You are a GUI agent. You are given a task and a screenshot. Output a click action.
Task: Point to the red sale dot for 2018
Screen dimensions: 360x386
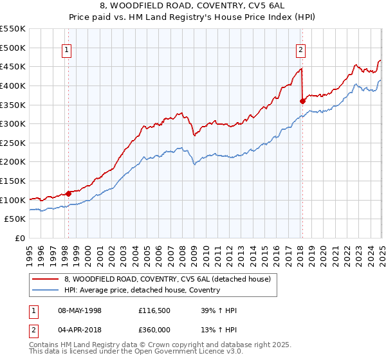pos(302,100)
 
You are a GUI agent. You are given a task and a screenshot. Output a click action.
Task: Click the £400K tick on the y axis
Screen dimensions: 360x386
pos(14,85)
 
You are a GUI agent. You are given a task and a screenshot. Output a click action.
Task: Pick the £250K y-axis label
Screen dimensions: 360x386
pos(14,143)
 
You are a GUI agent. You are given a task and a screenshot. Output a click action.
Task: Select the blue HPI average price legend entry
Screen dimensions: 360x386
pos(142,290)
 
